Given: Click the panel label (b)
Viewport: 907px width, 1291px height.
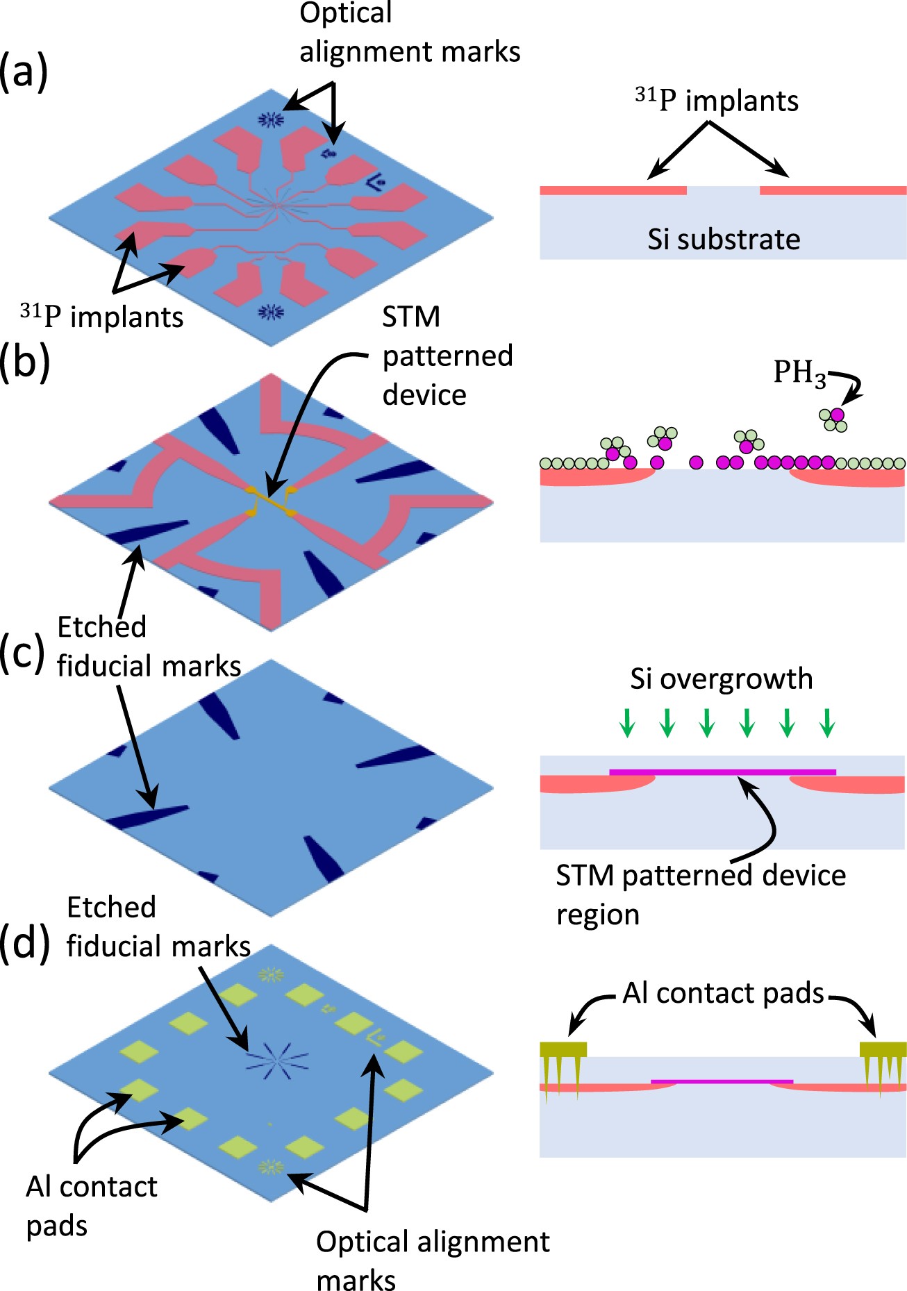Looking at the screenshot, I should point(24,362).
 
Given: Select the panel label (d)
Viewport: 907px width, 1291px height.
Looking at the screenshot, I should point(24,942).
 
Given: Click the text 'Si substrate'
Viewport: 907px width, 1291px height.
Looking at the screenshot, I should point(724,239).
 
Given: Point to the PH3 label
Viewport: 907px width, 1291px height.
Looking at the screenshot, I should point(799,373).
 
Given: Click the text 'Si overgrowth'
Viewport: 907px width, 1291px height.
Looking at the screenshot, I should point(721,678).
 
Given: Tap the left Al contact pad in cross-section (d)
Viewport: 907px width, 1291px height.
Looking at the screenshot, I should point(563,1049).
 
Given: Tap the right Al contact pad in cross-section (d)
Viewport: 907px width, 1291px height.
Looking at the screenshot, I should point(883,1049).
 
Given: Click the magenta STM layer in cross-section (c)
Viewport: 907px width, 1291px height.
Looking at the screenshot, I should point(722,772).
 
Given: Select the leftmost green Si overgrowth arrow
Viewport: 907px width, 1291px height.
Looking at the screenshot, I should point(627,723).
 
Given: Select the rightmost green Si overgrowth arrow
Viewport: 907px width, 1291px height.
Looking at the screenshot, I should point(827,723).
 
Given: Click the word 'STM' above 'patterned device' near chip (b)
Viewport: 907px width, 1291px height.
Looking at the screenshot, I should point(411,317).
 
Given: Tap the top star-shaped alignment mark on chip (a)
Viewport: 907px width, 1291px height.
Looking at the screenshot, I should point(271,120).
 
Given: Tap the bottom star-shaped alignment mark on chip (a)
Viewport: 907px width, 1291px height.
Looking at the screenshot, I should point(271,312).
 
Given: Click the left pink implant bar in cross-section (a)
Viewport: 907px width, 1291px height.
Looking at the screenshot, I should point(613,190).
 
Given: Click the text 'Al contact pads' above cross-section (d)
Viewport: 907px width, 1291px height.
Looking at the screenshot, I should point(722,993).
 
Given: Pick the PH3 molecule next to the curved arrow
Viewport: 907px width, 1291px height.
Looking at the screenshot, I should point(833,419).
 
